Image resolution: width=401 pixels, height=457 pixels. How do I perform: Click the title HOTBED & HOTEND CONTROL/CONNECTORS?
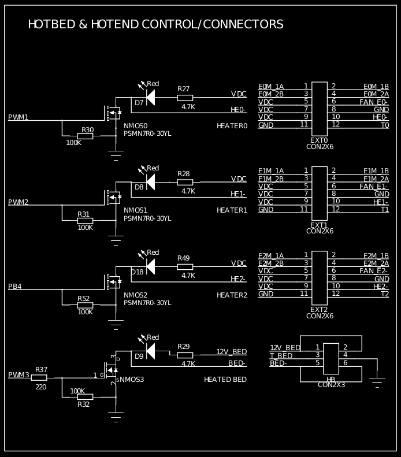coord(155,24)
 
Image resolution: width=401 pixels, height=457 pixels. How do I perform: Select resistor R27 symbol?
coord(185,98)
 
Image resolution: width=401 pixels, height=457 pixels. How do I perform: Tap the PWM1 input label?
coord(18,117)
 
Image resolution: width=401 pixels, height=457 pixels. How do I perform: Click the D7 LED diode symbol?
coord(150,97)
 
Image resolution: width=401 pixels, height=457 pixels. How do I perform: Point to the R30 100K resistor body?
coord(85,136)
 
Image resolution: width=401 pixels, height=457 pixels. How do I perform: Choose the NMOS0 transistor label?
coord(136,126)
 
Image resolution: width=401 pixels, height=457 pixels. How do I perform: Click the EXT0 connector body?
coord(319,109)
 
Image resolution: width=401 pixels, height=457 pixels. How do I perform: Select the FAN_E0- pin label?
coord(374,102)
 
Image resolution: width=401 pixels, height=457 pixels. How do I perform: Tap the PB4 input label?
coord(15,287)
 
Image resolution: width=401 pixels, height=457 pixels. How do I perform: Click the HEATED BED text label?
coord(225,380)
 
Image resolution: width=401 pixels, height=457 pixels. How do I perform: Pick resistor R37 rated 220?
coord(39,377)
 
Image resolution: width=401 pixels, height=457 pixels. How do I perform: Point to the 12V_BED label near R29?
coord(231,351)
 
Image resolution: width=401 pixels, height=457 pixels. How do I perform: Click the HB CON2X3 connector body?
coord(331,358)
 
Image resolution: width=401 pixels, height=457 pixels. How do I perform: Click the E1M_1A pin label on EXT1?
coord(270,170)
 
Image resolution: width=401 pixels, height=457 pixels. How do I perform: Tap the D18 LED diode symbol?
coord(150,266)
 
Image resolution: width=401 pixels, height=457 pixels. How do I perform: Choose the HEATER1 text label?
coord(232,210)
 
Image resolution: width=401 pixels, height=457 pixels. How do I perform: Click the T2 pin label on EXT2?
coord(384,294)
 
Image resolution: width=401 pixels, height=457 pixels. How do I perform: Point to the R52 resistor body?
coord(85,305)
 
